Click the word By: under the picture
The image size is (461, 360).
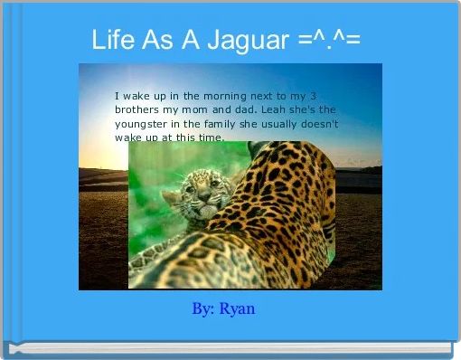coord(203,308)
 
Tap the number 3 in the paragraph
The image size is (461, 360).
coord(313,95)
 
